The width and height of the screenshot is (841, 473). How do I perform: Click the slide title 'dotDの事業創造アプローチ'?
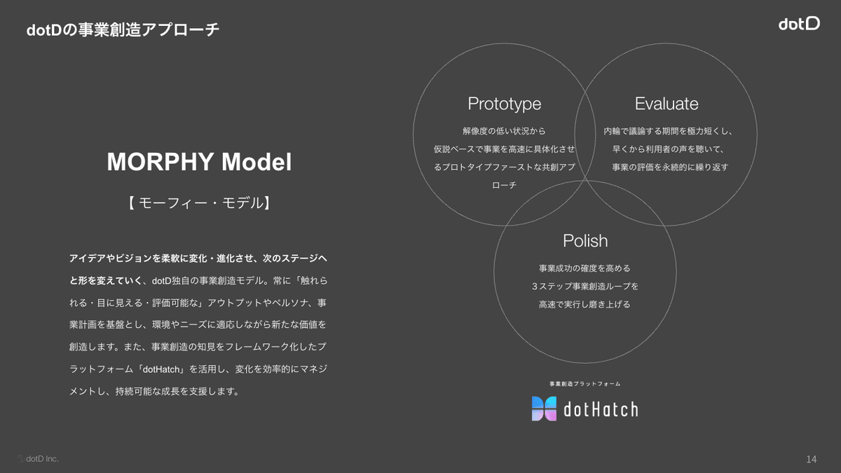[123, 29]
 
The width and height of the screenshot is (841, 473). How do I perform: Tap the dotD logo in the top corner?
[800, 24]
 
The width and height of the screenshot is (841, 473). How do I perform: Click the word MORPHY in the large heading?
[160, 162]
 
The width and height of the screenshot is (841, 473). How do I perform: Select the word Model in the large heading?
[257, 162]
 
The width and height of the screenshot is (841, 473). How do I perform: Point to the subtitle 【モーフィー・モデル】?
[199, 203]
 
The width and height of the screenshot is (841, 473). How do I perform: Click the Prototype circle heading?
[504, 104]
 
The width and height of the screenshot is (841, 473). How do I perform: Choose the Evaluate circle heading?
[666, 104]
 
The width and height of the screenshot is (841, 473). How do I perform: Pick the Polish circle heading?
[585, 240]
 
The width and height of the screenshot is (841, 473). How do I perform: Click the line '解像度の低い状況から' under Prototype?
[504, 131]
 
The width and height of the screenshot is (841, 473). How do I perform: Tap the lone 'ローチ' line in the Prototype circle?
[504, 185]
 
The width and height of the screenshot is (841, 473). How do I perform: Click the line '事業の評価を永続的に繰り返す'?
[670, 167]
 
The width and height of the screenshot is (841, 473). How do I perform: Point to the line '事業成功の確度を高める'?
[584, 268]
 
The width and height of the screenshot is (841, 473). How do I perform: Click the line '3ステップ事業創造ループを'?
[585, 287]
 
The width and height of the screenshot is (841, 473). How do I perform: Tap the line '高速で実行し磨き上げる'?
[584, 304]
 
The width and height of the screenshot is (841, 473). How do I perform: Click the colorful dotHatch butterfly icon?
[544, 409]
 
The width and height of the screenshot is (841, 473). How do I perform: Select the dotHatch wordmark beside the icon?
[601, 409]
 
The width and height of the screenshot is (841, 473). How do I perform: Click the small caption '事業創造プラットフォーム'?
[585, 384]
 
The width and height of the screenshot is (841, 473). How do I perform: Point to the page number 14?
[812, 459]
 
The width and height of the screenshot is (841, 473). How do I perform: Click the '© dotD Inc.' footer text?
[38, 459]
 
